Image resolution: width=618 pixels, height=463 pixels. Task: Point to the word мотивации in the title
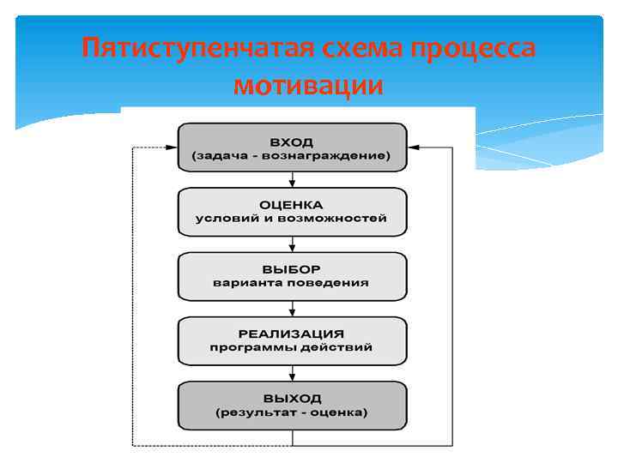tap(308, 87)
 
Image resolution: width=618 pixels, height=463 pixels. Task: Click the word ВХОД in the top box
tap(292, 141)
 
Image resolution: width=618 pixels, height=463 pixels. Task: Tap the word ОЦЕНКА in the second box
tap(292, 205)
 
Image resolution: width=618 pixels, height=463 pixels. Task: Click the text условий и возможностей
tap(292, 219)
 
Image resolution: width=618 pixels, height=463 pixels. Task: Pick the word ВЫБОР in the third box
tap(292, 269)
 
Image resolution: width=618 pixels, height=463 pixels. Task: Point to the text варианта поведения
tap(292, 283)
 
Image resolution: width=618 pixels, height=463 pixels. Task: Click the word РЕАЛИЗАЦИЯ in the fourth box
tap(292, 334)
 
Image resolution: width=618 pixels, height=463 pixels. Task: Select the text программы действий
tap(292, 347)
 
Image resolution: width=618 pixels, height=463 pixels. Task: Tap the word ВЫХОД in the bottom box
tap(292, 399)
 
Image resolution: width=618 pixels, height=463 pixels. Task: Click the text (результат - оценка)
tap(292, 412)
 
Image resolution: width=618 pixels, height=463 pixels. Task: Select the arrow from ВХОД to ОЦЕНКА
tap(293, 179)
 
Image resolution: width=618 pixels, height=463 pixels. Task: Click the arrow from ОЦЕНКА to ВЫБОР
tap(293, 244)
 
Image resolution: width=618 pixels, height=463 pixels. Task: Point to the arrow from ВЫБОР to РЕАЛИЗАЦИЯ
tap(293, 308)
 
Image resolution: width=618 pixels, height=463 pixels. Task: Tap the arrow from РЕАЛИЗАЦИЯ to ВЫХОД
tap(293, 373)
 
